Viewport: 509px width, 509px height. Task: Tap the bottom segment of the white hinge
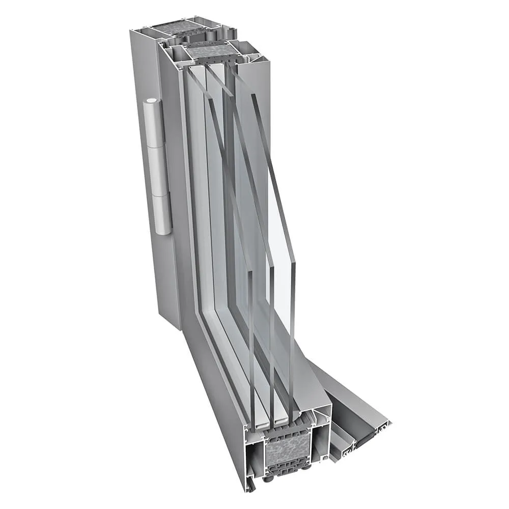tap(162, 214)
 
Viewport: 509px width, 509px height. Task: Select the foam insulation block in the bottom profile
tap(288, 450)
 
